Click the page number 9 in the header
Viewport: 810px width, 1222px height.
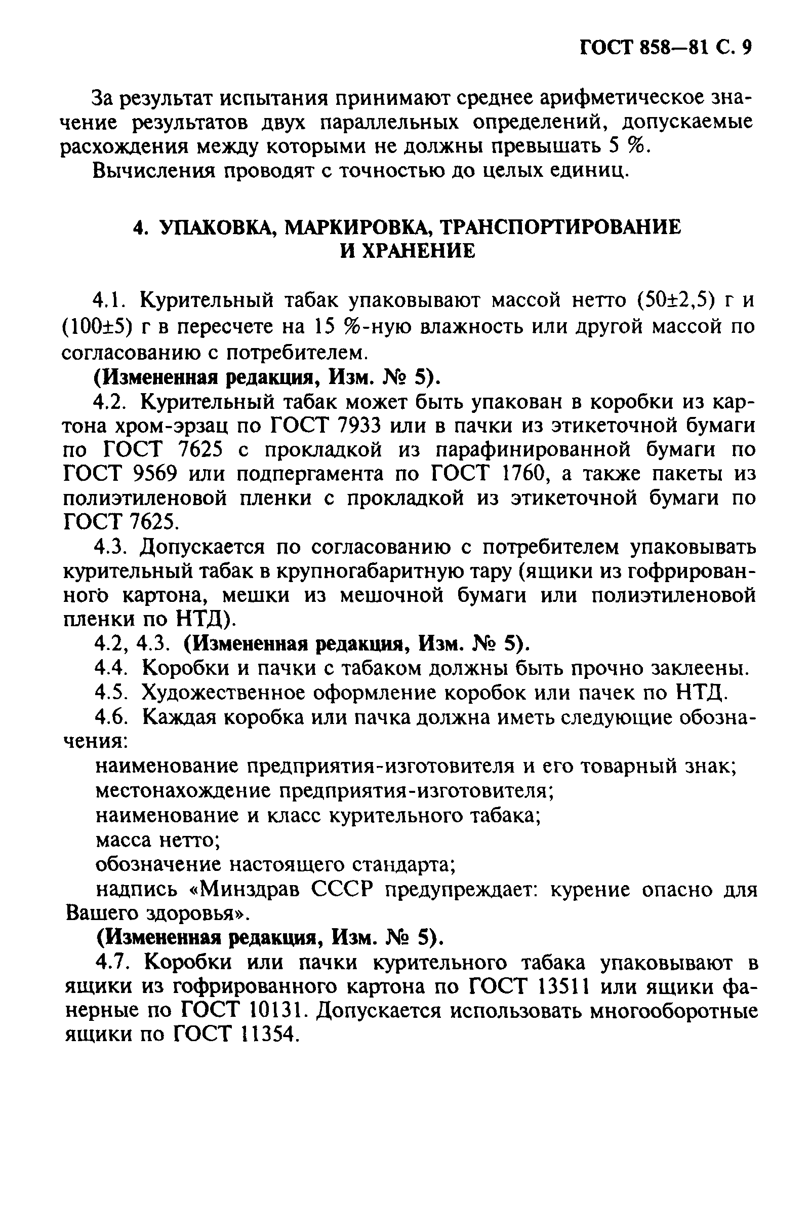coord(745,48)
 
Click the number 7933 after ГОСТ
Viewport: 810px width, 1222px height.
coord(360,427)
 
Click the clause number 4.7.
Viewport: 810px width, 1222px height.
coord(111,963)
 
